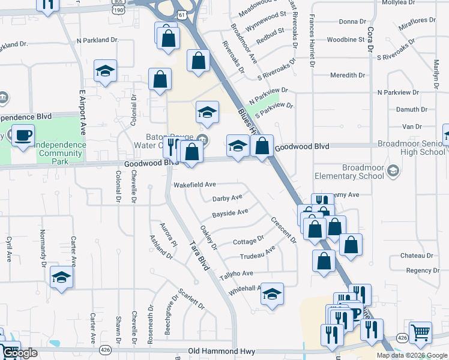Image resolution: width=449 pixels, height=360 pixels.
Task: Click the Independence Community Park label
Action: pyautogui.click(x=58, y=154)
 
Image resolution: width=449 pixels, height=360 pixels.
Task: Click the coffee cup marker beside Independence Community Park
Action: pyautogui.click(x=23, y=136)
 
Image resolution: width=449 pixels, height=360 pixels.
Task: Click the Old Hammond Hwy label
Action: pyautogui.click(x=221, y=351)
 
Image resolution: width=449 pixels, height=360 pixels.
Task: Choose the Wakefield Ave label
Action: pyautogui.click(x=194, y=185)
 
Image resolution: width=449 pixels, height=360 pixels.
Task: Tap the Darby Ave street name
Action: pyautogui.click(x=228, y=198)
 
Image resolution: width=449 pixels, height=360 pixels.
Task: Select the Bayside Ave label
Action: pyautogui.click(x=230, y=212)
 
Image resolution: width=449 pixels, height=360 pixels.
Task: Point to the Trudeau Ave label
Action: pyautogui.click(x=258, y=253)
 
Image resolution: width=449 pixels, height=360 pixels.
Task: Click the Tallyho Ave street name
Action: pyautogui.click(x=236, y=274)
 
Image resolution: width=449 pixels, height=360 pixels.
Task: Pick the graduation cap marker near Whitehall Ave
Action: pyautogui.click(x=272, y=293)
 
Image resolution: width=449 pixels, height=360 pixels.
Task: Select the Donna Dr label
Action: pyautogui.click(x=348, y=22)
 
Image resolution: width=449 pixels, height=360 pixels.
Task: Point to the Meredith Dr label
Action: pyautogui.click(x=348, y=75)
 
